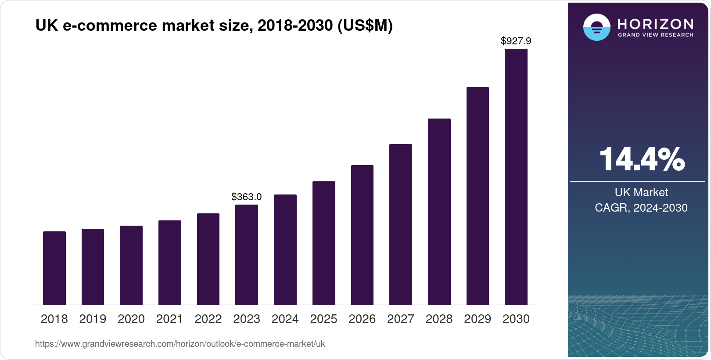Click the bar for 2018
[x=54, y=268]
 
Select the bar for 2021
[x=170, y=263]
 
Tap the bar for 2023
[x=247, y=255]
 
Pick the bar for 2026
[x=362, y=235]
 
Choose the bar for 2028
[x=439, y=212]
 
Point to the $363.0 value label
[x=247, y=197]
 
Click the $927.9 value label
[x=516, y=41]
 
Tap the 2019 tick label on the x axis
[x=93, y=319]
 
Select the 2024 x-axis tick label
[x=285, y=319]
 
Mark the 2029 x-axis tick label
[x=478, y=319]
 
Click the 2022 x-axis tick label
[x=208, y=319]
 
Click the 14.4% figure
[x=642, y=159]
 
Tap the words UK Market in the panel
[x=641, y=192]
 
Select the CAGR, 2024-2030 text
[x=641, y=208]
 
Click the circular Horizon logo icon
[x=596, y=27]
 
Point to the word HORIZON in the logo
[x=656, y=24]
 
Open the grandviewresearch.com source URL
[x=180, y=344]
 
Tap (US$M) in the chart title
[x=365, y=25]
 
